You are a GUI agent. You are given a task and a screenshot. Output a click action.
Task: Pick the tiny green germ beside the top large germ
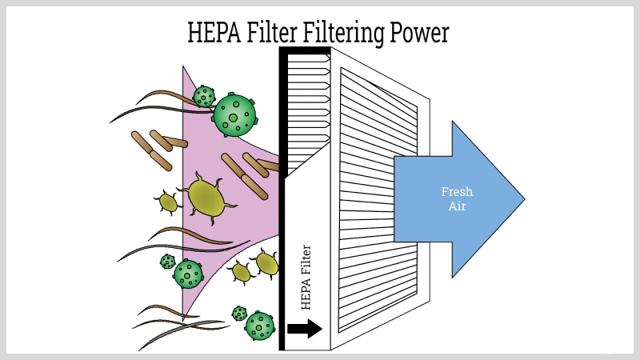click(205, 97)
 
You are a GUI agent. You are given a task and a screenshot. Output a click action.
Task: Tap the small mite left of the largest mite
click(167, 202)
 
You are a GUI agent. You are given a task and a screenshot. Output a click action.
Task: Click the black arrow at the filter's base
click(305, 328)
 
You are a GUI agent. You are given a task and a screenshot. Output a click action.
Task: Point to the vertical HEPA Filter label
click(305, 277)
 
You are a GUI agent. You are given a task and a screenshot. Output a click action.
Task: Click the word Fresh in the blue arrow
click(457, 192)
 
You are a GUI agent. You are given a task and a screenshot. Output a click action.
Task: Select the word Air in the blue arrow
click(457, 206)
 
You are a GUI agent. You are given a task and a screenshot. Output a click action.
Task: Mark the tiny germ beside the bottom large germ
click(238, 314)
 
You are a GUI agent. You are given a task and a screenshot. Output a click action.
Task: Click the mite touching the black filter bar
click(266, 262)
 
